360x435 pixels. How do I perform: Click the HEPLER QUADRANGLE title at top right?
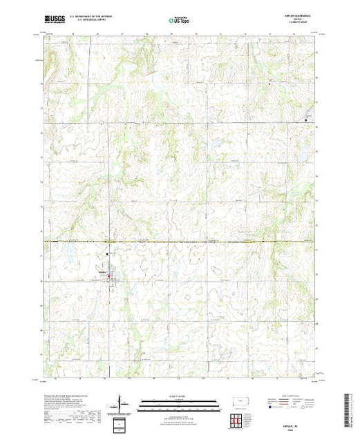pos(302,17)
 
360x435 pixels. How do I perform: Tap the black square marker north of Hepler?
pos(107,253)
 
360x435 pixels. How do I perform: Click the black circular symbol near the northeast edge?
pos(306,120)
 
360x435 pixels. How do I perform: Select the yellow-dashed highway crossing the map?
pos(180,241)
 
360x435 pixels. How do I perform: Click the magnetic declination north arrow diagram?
pos(120,403)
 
